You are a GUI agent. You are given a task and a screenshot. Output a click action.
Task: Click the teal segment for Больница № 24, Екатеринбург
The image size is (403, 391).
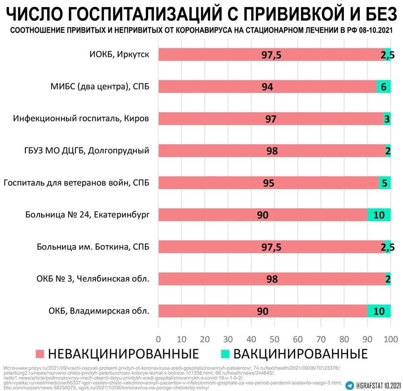pyautogui.click(x=379, y=215)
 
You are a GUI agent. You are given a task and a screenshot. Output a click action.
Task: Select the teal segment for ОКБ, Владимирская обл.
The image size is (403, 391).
pyautogui.click(x=379, y=311)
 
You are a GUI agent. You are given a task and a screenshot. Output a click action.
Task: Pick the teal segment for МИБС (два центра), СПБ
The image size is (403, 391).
pyautogui.click(x=383, y=87)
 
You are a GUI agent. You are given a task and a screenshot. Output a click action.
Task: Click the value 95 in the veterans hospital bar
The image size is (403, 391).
pyautogui.click(x=268, y=183)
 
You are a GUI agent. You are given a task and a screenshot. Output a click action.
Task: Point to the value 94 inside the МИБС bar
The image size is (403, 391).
pyautogui.click(x=267, y=87)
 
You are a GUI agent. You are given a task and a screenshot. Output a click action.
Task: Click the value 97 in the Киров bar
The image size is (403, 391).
pyautogui.click(x=271, y=119)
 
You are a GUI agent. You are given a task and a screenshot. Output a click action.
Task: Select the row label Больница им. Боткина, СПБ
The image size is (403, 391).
pyautogui.click(x=93, y=247)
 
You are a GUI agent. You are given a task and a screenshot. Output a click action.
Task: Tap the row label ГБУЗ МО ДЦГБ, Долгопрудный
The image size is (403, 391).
pyautogui.click(x=87, y=151)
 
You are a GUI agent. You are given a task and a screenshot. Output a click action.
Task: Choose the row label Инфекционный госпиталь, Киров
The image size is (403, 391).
pyautogui.click(x=81, y=119)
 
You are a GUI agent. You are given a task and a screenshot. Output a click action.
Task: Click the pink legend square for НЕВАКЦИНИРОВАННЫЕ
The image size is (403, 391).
pyautogui.click(x=39, y=354)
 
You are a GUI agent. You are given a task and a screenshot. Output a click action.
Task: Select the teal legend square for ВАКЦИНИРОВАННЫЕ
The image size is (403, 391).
pyautogui.click(x=225, y=354)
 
